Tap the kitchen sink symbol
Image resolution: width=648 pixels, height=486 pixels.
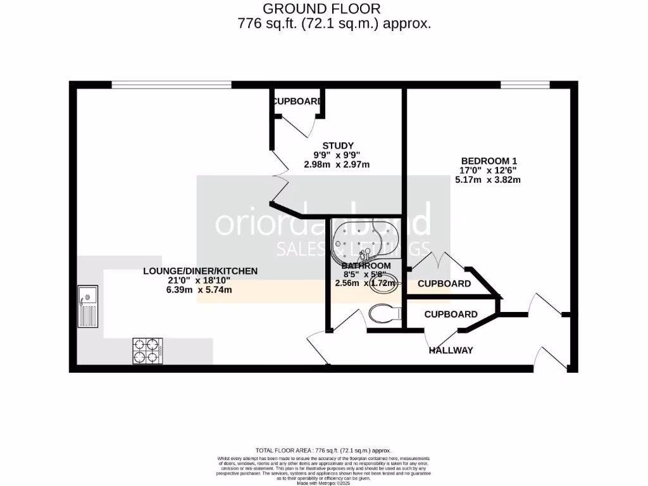pyautogui.click(x=88, y=307)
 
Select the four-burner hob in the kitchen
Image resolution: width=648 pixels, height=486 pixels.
pyautogui.click(x=147, y=351)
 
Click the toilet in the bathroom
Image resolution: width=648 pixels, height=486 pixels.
pyautogui.click(x=384, y=313)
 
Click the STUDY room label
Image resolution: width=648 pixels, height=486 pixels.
pyautogui.click(x=337, y=145)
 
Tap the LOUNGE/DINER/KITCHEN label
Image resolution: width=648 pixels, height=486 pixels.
pyautogui.click(x=200, y=271)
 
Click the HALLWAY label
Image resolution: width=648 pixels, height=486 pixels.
pyautogui.click(x=451, y=350)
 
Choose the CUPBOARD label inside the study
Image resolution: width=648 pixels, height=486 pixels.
pyautogui.click(x=296, y=102)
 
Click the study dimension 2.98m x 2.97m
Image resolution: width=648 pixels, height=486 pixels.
pyautogui.click(x=337, y=165)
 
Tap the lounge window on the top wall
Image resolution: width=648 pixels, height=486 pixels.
pyautogui.click(x=171, y=85)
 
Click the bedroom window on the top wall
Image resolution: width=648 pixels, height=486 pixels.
pyautogui.click(x=525, y=85)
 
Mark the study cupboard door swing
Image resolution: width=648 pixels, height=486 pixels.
pyautogui.click(x=300, y=125)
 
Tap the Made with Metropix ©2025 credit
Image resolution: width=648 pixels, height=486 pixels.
pyautogui.click(x=323, y=483)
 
